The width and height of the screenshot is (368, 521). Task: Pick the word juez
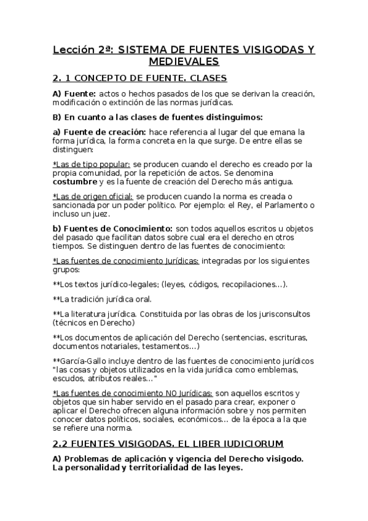pyautogui.click(x=101, y=215)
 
